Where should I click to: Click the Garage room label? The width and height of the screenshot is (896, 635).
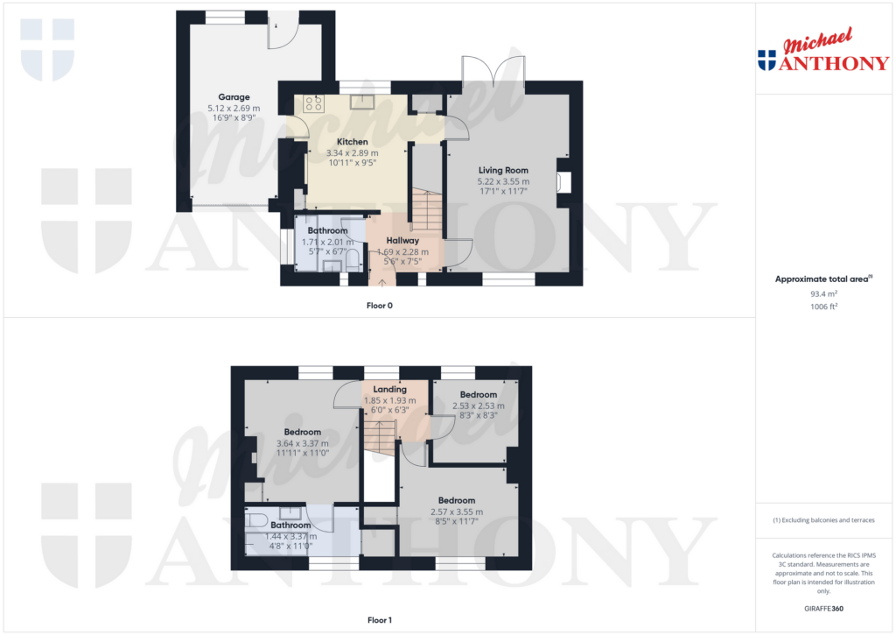(234, 97)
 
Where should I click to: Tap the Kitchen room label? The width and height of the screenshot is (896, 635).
(353, 142)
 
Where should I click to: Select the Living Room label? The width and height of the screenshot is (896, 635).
(503, 171)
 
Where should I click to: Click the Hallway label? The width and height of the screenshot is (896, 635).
(402, 241)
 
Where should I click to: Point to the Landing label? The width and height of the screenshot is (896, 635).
(389, 390)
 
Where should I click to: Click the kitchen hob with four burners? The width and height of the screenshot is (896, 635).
(313, 103)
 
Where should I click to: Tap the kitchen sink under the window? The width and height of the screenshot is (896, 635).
(361, 102)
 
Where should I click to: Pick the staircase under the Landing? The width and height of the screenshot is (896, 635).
(380, 434)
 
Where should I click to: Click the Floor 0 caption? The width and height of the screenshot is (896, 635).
(380, 307)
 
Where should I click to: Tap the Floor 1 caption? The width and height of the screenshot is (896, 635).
(380, 620)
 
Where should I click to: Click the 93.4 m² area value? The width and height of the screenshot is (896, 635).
(822, 294)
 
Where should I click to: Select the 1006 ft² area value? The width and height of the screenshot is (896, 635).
(822, 307)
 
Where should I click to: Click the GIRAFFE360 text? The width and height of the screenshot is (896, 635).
(822, 608)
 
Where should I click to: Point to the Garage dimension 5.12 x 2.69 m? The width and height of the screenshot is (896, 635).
(234, 108)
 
